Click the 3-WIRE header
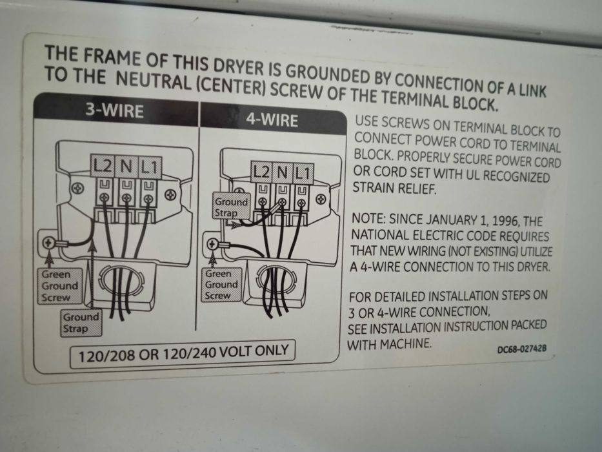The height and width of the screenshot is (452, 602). point(114,110)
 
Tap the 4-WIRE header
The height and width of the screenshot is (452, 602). point(272,120)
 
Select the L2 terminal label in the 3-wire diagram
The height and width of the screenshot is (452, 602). point(103,166)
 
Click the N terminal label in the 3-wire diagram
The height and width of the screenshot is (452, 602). point(126,167)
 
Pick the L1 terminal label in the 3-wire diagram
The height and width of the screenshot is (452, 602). point(149,168)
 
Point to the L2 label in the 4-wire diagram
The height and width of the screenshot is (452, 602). point(261,171)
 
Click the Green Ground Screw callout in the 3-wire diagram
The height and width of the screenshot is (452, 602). point(59,286)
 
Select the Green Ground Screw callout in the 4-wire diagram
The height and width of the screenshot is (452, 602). point(221,284)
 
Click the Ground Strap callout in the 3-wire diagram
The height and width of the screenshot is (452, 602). point(81,323)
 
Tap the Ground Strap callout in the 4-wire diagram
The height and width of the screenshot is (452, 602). point(231,207)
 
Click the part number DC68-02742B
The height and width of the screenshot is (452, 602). point(522,349)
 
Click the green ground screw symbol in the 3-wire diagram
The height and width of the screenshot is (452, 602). point(48,243)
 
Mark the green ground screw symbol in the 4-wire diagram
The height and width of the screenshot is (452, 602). point(212,244)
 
